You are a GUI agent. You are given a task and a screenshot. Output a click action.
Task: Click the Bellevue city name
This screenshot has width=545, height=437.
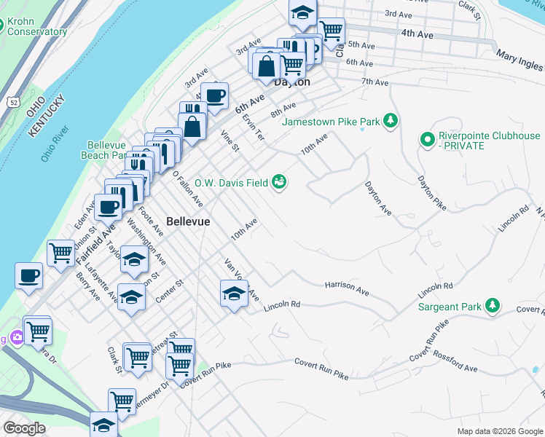point(188,221)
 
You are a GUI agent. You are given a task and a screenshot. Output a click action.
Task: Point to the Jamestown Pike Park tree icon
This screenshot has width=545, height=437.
point(391,120)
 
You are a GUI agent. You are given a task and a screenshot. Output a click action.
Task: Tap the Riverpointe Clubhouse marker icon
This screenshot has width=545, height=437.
point(427,138)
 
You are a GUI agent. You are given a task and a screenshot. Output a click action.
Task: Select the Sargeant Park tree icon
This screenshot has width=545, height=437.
point(493,306)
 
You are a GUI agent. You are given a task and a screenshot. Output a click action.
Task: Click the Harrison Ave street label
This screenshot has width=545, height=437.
point(347,288)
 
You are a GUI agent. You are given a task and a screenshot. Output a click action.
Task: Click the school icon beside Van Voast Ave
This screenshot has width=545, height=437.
point(233,294)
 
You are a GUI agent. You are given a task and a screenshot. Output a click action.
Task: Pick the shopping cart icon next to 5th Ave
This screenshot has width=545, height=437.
point(332,31)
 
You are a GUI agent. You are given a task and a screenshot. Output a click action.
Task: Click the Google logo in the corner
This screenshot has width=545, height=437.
point(23,428)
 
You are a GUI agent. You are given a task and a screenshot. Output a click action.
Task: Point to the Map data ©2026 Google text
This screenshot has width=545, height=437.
point(500,431)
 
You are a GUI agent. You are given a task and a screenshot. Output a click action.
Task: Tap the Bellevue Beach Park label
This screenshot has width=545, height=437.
point(108,150)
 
